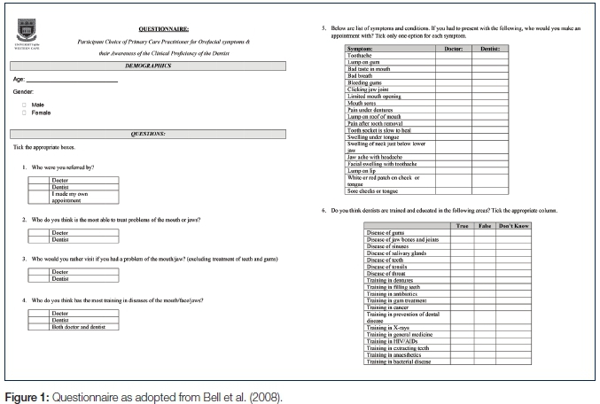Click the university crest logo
[x=29, y=35]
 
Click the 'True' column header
[x=462, y=227]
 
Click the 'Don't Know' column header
[x=515, y=227]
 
